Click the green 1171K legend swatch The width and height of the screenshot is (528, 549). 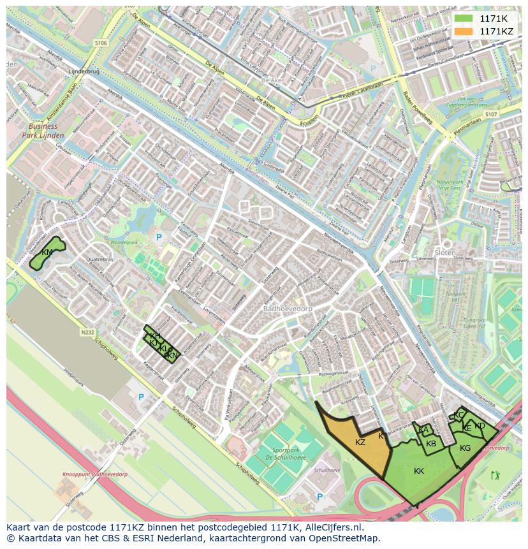[x=463, y=18]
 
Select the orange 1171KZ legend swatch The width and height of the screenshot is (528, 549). [x=463, y=31]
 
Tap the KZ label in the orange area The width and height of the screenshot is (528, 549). [x=360, y=442]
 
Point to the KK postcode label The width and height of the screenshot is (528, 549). [x=419, y=471]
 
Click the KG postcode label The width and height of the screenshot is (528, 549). [x=465, y=448]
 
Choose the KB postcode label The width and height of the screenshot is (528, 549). [x=431, y=444]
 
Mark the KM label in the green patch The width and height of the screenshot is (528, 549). [x=47, y=253]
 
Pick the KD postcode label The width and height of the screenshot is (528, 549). [x=480, y=425]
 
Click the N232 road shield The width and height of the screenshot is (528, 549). [x=87, y=332]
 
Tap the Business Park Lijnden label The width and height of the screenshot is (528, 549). [x=43, y=131]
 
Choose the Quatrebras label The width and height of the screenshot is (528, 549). [x=99, y=260]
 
